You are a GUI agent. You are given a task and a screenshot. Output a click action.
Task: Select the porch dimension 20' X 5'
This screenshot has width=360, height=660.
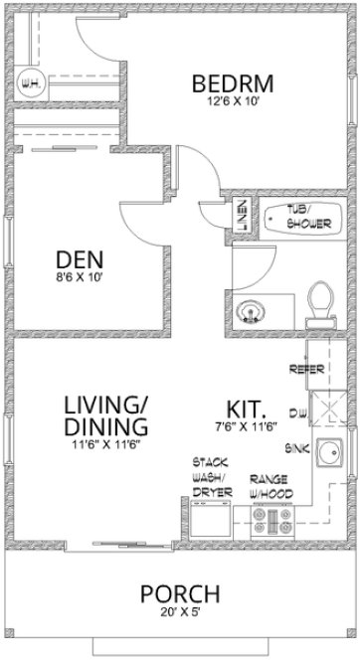[180, 613]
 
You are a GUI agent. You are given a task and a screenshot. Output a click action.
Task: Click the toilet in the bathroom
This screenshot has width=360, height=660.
[319, 301]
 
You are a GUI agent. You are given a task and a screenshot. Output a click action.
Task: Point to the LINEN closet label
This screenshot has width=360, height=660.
[242, 218]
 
